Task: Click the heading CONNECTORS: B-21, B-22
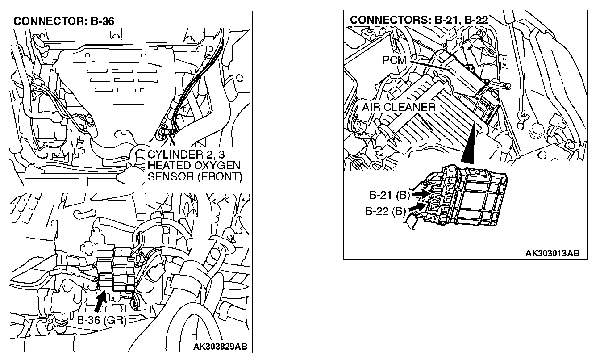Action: coord(418,20)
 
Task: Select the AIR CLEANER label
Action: coord(398,108)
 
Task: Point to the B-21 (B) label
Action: coord(389,195)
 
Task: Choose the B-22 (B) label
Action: coord(385,212)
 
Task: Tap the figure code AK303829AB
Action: coord(220,346)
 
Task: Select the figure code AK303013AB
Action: coord(552,253)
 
